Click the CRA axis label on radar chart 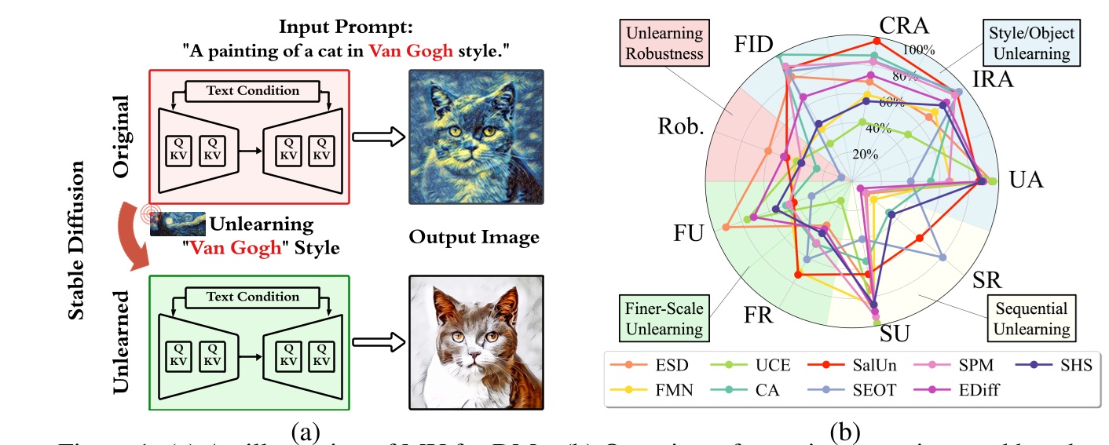(903, 25)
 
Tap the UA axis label (1026, 180)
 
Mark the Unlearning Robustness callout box (664, 42)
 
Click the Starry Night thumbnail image (178, 224)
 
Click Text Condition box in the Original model (252, 90)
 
